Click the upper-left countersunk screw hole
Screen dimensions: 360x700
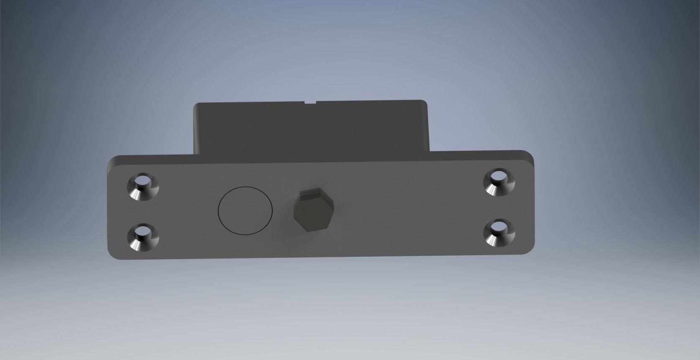[x=143, y=187]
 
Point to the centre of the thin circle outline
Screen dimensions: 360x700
[x=245, y=210]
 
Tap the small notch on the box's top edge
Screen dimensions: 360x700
[x=311, y=102]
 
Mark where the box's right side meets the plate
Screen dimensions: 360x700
[x=430, y=151]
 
